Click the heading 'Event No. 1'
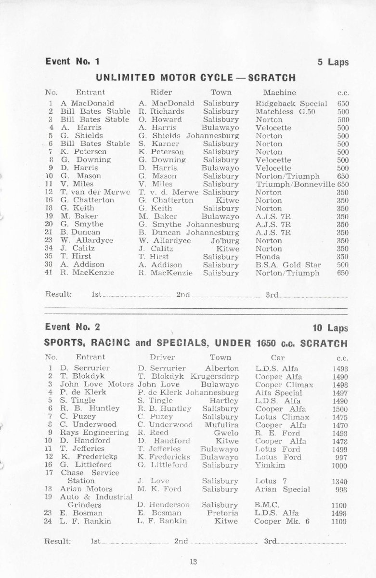[73, 62]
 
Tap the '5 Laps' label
[333, 62]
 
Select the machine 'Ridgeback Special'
[291, 103]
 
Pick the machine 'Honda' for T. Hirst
[268, 257]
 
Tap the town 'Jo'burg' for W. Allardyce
[225, 240]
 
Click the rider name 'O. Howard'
[160, 119]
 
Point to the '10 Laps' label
[330, 328]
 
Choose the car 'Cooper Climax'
[284, 385]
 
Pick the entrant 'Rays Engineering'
[94, 433]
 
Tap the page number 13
[194, 561]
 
